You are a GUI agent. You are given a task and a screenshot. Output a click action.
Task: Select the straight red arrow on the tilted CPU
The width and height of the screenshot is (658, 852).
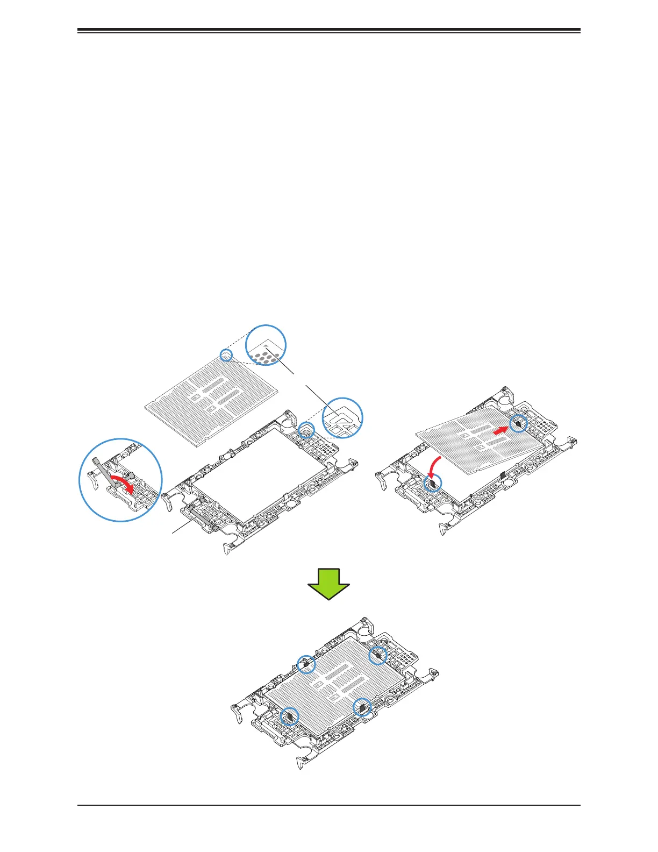[x=500, y=430]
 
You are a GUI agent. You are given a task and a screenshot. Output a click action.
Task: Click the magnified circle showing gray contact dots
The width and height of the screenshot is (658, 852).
[x=266, y=345]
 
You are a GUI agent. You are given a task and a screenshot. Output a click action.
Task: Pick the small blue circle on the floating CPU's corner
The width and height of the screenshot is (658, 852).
[x=226, y=354]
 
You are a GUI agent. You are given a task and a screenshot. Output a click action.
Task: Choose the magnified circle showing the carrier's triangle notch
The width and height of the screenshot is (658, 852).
[x=342, y=418]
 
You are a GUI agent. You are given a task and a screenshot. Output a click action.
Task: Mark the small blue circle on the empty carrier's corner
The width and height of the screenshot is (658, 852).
[x=306, y=430]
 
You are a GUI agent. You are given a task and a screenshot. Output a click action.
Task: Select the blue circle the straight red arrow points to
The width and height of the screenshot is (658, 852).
[x=519, y=423]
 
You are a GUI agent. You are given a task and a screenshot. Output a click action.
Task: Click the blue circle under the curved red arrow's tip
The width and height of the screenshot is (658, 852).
[x=432, y=482]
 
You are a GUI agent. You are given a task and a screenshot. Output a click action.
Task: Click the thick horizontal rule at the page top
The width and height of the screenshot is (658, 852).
[x=329, y=30]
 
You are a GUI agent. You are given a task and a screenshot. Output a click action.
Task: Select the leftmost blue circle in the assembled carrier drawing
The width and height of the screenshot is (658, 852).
[x=290, y=716]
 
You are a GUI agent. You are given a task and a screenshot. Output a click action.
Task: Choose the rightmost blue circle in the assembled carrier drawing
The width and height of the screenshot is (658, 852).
[x=378, y=655]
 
